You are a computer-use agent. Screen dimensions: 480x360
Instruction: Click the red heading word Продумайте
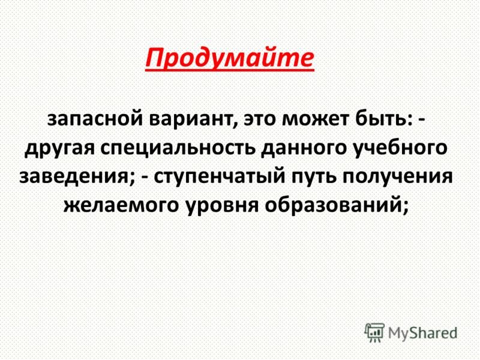click(x=230, y=58)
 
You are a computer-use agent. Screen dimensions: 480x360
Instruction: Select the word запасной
click(x=95, y=119)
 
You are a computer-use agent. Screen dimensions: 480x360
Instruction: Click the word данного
click(x=304, y=148)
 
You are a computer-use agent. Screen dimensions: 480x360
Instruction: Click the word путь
click(x=313, y=177)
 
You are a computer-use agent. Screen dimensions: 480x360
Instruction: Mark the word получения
click(x=397, y=177)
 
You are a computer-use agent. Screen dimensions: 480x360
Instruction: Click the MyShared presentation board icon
click(x=374, y=332)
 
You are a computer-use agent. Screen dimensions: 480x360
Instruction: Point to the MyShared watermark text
click(x=422, y=333)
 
